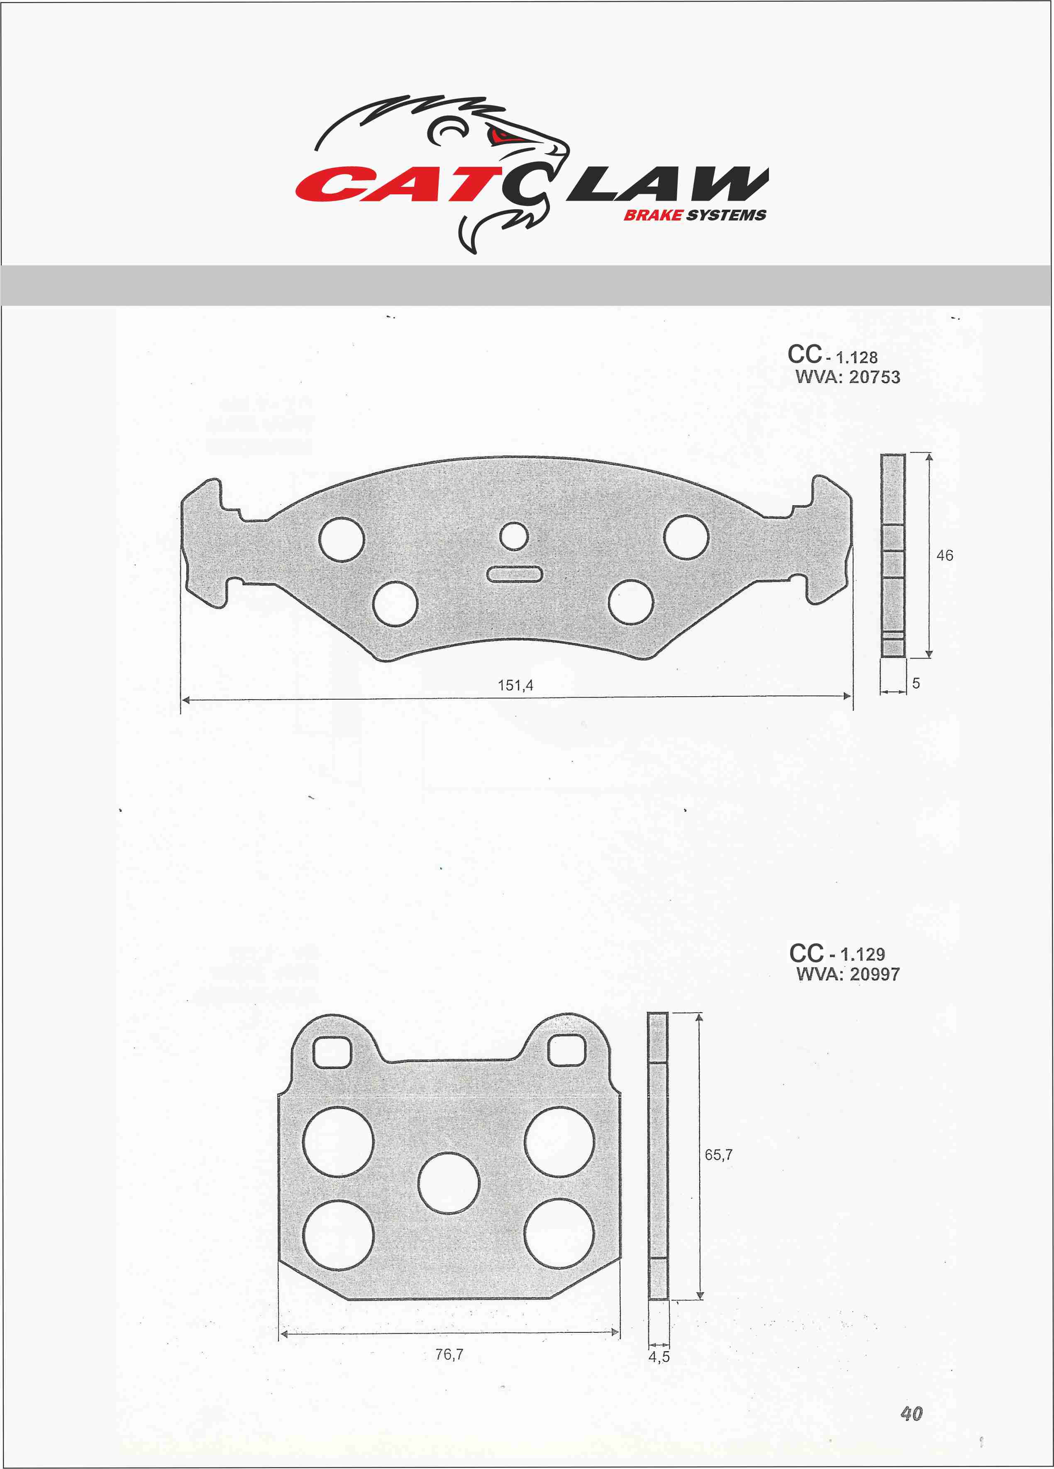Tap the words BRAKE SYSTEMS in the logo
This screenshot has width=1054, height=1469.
pyautogui.click(x=695, y=215)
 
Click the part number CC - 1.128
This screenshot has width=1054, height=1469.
pyautogui.click(x=832, y=355)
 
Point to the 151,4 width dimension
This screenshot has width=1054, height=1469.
pyautogui.click(x=515, y=685)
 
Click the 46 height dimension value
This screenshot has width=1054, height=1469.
pyautogui.click(x=944, y=555)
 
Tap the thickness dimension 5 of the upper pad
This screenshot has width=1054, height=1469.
pyautogui.click(x=915, y=683)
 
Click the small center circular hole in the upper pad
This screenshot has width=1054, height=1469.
pyautogui.click(x=514, y=536)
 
